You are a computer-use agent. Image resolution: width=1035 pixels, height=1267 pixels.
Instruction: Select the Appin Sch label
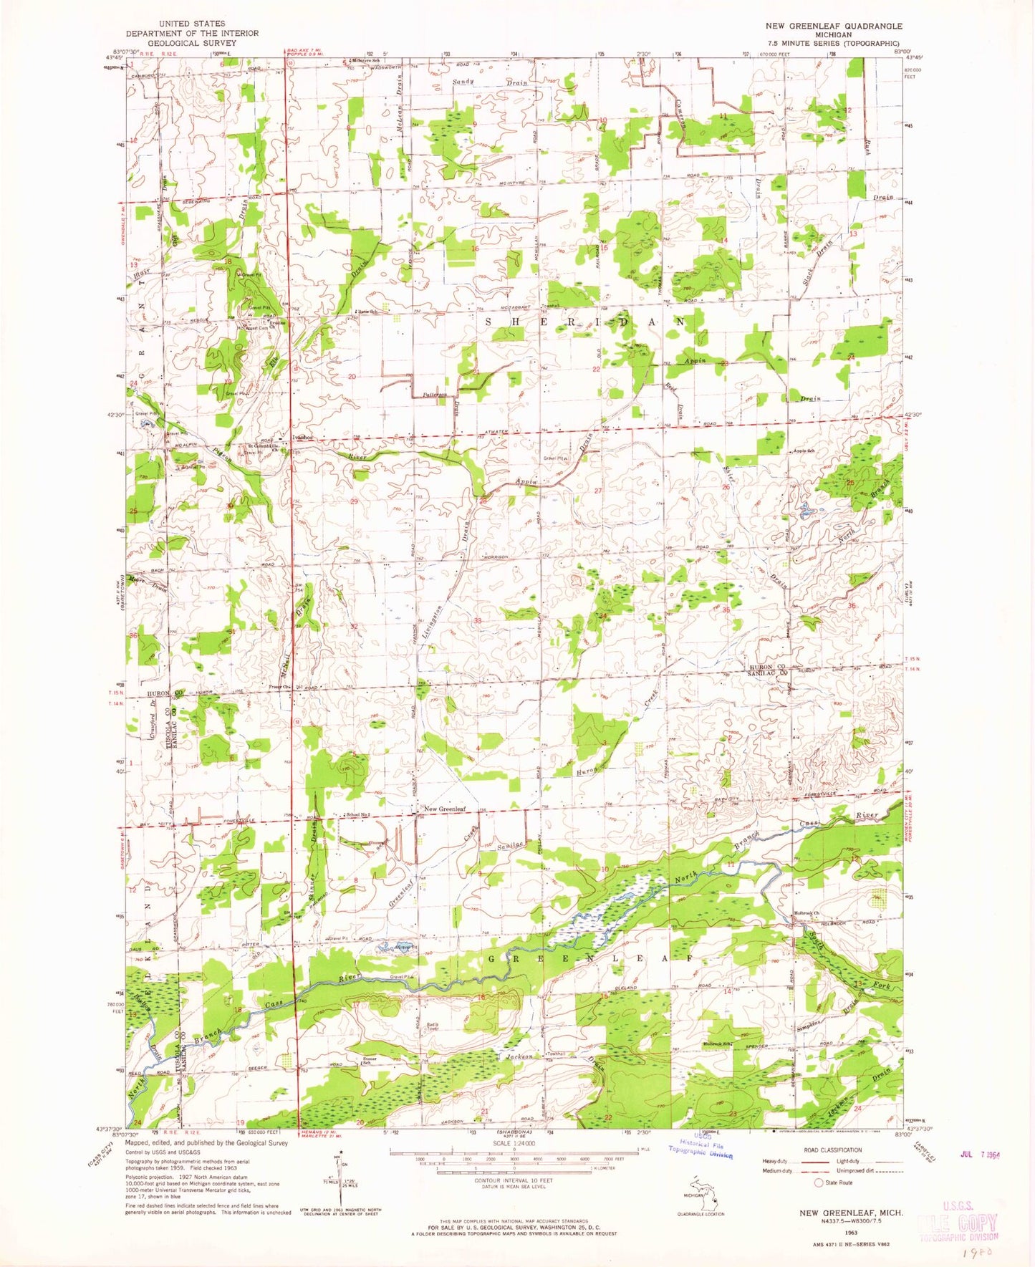[803, 451]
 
